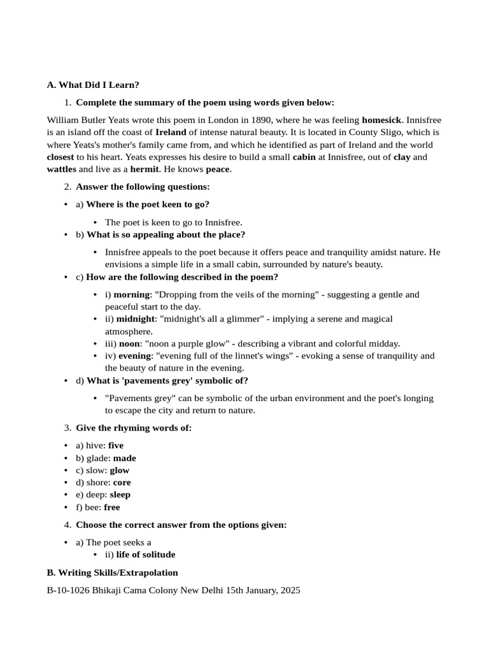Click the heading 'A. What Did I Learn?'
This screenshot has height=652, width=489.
coord(93,85)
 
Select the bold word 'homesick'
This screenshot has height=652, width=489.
coord(381,120)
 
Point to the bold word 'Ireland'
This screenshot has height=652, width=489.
coord(171,132)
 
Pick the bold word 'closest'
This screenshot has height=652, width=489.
coord(60,157)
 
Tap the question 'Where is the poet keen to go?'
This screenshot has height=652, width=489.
coord(148,204)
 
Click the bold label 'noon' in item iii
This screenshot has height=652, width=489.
coord(129,344)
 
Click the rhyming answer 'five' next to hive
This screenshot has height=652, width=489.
coord(116,446)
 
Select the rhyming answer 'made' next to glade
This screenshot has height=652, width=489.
coord(124,458)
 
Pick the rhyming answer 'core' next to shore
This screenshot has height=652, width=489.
coord(122,483)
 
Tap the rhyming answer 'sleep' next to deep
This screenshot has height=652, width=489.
coord(120,495)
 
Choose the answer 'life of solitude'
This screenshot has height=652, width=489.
coord(146,555)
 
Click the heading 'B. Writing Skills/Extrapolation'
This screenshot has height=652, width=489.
coord(113,573)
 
